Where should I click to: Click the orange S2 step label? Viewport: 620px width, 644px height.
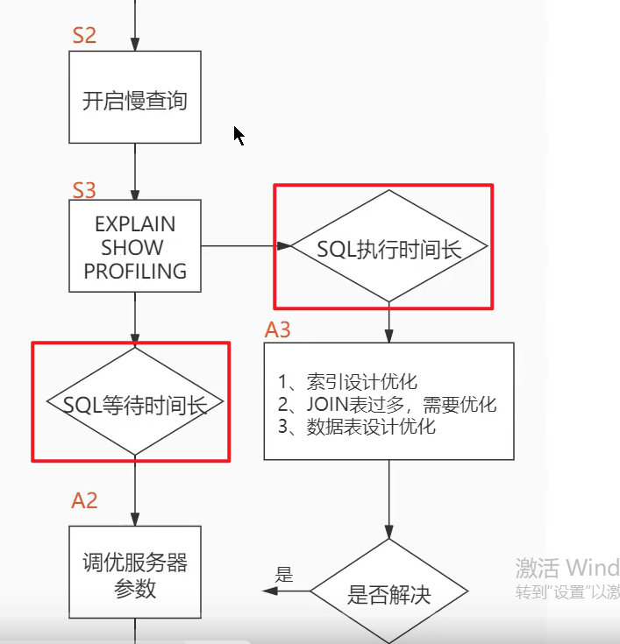84,36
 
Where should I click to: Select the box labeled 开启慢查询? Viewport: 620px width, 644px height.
135,98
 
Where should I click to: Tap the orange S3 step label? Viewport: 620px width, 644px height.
84,190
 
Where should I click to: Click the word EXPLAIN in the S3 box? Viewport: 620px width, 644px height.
135,224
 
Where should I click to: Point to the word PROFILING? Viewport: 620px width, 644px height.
135,271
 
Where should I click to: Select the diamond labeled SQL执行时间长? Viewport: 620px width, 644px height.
388,248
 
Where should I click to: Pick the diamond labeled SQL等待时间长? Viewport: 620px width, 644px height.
135,404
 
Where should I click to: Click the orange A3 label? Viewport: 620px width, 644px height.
278,330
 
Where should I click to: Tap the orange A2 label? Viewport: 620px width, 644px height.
84,500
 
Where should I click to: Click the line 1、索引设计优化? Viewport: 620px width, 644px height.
347,382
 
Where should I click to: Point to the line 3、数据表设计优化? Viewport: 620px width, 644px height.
357,428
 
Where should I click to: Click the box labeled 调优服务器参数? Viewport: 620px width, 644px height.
135,575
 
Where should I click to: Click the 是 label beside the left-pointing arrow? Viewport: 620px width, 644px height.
284,575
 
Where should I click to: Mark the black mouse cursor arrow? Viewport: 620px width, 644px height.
238,135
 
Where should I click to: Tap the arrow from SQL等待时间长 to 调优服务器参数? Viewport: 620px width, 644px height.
135,491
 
